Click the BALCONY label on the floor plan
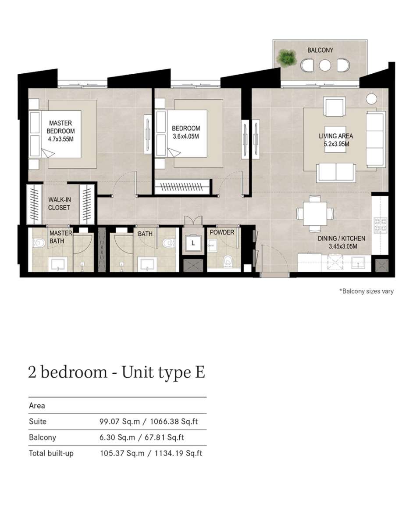pos(320,50)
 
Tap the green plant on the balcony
pos(287,58)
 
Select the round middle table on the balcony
pos(324,65)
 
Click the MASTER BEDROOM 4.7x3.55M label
pos(61,131)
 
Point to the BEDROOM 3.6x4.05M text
pos(186,132)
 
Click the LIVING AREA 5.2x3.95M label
pos(336,140)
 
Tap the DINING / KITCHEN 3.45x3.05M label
pos(342,242)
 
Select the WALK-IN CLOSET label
pos(59,203)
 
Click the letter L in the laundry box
pos(193,243)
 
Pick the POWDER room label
pos(222,232)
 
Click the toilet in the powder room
pos(228,261)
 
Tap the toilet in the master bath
pos(39,242)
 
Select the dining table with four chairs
pos(315,214)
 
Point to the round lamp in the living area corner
pos(371,99)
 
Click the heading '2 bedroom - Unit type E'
pos(117,373)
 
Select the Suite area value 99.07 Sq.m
pos(120,422)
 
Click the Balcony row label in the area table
pos(43,437)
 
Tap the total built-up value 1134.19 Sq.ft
pos(178,454)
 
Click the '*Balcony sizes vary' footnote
pos(367,291)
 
